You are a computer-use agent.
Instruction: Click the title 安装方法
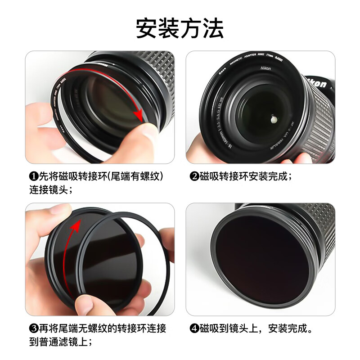click(180, 28)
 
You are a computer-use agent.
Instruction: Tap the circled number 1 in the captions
click(33, 176)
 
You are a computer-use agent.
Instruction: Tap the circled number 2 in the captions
click(194, 176)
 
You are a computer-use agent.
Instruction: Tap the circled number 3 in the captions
click(33, 328)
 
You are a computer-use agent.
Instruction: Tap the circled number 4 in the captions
click(194, 328)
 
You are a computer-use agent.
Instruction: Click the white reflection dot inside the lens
click(273, 120)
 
